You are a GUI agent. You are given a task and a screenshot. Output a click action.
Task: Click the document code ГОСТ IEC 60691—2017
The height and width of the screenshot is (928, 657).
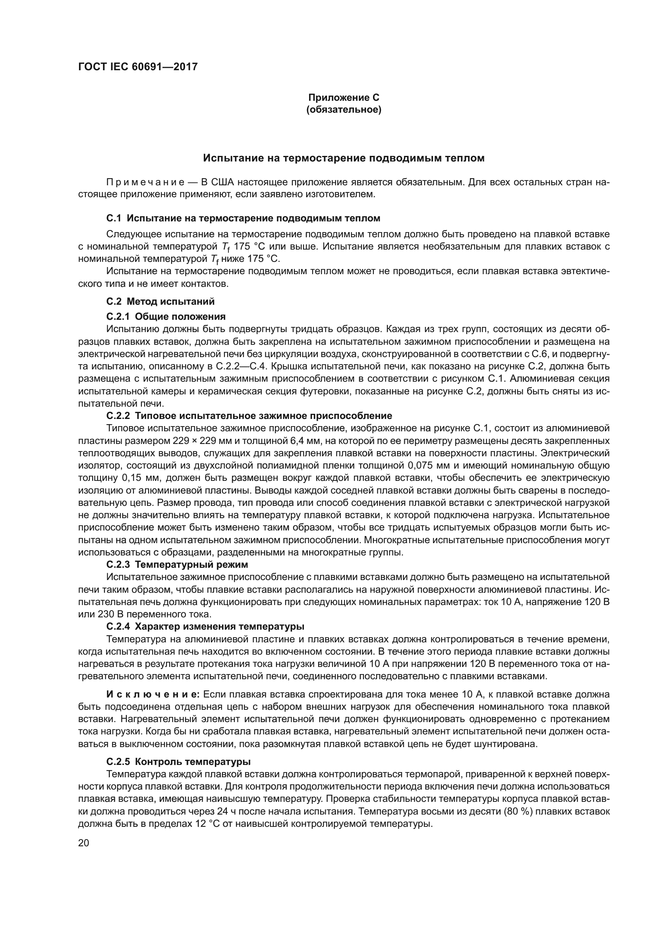138,67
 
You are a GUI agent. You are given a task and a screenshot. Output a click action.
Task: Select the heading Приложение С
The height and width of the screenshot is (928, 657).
344,98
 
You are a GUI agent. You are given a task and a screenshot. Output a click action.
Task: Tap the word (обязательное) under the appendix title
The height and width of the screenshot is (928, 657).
344,110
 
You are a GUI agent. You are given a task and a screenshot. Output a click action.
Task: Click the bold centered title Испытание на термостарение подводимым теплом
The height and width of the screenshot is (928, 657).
344,158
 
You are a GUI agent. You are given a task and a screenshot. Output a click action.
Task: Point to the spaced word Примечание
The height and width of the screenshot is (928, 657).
148,182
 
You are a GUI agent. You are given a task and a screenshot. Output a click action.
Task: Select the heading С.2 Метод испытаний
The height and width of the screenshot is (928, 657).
160,301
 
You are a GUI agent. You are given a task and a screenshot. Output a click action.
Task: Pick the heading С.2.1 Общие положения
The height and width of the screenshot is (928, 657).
166,316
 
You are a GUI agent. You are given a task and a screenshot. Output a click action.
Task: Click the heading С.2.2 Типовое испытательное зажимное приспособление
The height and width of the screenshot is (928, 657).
249,415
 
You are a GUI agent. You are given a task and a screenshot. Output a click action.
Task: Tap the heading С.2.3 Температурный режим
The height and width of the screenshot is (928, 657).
177,564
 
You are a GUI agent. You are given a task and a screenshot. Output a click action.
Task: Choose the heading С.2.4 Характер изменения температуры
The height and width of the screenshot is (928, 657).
205,626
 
